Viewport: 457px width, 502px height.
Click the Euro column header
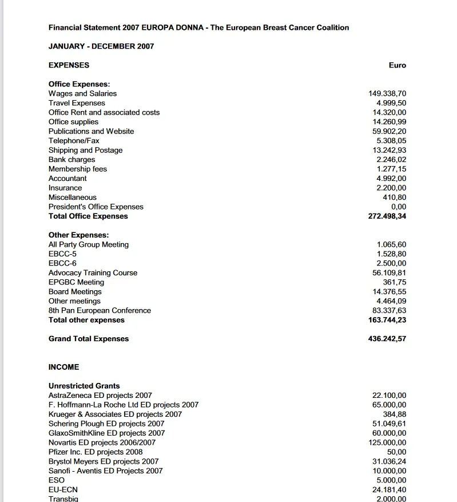(x=397, y=65)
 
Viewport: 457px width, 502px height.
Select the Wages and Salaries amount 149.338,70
(x=387, y=93)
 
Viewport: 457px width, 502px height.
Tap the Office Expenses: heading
(x=79, y=84)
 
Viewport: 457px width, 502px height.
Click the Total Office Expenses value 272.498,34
(x=387, y=216)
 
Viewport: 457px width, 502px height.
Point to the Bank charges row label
(x=71, y=160)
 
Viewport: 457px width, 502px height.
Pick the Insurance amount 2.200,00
(x=391, y=188)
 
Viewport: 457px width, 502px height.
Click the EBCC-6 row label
(x=62, y=263)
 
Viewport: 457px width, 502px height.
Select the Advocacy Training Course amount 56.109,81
(x=390, y=273)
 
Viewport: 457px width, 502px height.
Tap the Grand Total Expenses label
(x=89, y=339)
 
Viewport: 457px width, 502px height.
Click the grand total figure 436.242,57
(x=387, y=339)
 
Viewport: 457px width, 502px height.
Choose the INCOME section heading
(x=64, y=367)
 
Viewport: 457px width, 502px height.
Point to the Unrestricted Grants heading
(x=84, y=386)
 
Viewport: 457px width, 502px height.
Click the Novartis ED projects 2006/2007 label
(x=102, y=442)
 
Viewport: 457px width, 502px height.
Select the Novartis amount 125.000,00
(x=387, y=442)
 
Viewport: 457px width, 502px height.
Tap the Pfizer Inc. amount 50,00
(x=397, y=452)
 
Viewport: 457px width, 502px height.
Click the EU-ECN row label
(x=63, y=489)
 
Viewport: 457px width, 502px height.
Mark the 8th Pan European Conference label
(x=100, y=310)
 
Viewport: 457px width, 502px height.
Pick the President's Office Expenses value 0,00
(x=399, y=207)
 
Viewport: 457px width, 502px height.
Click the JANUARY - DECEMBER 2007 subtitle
(x=101, y=46)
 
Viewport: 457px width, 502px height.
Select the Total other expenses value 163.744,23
(x=387, y=320)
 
